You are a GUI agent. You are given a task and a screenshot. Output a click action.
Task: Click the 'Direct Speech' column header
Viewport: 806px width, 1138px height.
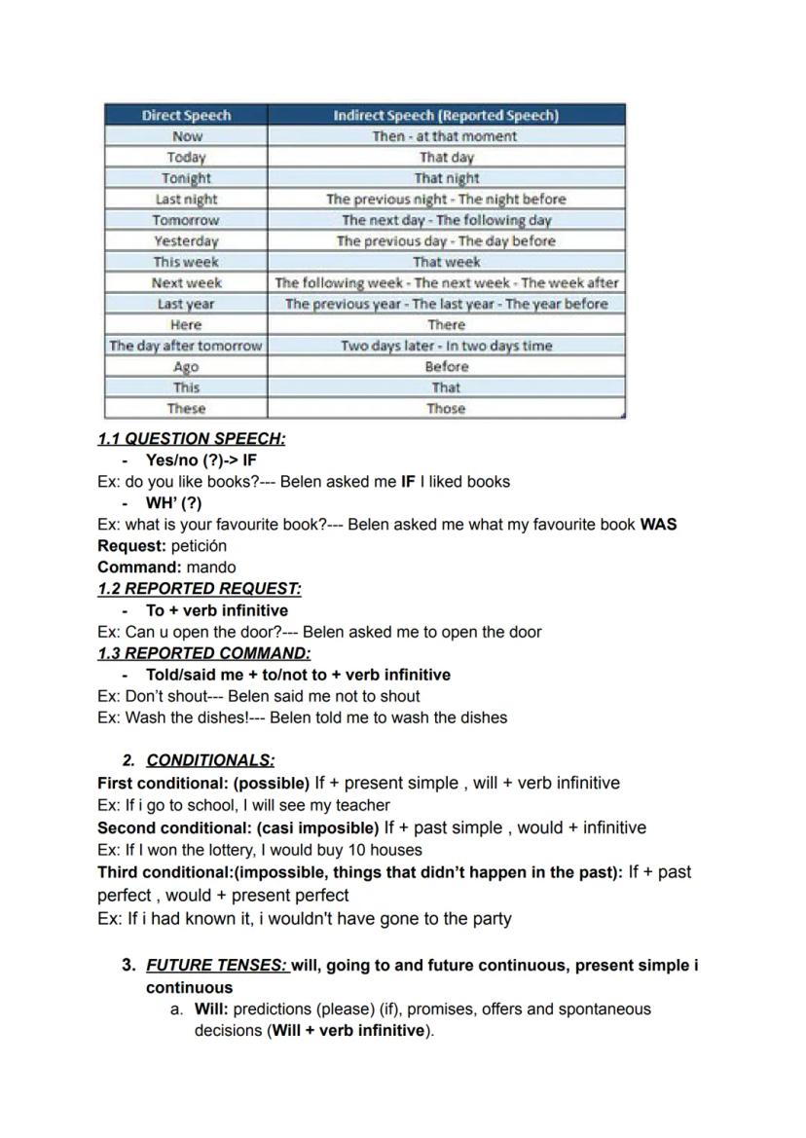click(186, 115)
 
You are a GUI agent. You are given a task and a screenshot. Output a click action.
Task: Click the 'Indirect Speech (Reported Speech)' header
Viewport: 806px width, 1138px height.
click(446, 115)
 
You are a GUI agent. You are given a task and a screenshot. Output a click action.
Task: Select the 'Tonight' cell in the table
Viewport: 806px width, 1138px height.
click(186, 178)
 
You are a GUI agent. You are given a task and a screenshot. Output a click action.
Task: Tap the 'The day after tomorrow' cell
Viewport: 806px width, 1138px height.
click(186, 346)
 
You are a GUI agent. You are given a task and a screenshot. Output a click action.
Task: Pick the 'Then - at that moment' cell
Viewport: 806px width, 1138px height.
click(446, 136)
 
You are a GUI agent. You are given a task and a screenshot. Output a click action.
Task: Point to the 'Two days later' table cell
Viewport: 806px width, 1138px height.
click(446, 346)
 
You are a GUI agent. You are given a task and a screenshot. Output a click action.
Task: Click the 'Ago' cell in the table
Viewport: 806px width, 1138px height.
click(186, 367)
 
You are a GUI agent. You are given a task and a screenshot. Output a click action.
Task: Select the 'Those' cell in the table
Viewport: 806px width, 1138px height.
click(446, 409)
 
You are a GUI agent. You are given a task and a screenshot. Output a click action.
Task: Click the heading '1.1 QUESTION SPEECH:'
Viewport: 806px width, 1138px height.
click(192, 439)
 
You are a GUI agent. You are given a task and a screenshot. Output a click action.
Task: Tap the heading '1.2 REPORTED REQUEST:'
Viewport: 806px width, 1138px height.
click(200, 589)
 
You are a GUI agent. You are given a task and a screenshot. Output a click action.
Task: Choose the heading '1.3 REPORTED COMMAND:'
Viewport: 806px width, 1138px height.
click(204, 653)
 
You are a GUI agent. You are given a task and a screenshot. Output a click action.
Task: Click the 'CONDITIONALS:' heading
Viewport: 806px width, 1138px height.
click(210, 760)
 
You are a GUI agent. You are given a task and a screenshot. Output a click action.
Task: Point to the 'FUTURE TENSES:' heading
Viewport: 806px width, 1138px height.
click(217, 966)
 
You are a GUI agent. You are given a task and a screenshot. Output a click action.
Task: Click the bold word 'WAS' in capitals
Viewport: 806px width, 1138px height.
click(658, 525)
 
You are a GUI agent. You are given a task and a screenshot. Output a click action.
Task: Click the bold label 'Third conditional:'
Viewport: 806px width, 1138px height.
click(164, 872)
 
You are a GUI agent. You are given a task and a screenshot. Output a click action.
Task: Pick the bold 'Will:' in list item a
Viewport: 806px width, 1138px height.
click(211, 1010)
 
